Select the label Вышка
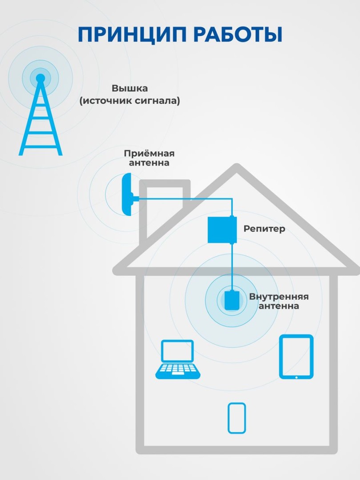tap(130, 88)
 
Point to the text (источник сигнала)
tap(130, 101)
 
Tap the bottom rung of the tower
tap(40, 146)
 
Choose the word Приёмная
tap(149, 153)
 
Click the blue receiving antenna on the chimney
tap(127, 195)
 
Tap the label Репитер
tap(264, 229)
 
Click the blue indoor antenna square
tap(232, 300)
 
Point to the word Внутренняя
tap(279, 296)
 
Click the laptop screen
tap(177, 351)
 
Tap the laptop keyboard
tap(177, 370)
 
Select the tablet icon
tap(296, 356)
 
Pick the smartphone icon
tap(236, 418)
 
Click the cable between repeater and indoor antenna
tap(232, 267)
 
